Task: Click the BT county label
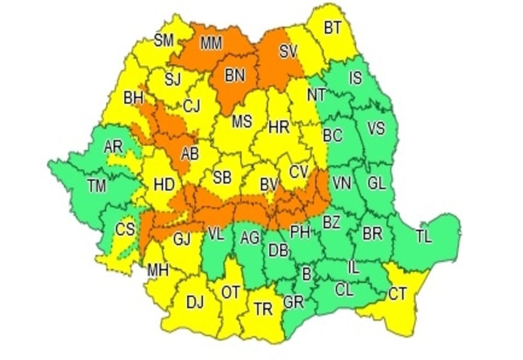332,28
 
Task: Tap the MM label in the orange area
212,44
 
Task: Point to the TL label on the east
424,237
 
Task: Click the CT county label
397,294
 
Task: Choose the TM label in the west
96,185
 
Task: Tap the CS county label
125,229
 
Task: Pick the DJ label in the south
195,301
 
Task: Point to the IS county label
355,79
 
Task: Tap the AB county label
189,154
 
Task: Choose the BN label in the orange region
235,75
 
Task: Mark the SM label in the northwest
164,40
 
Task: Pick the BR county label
372,233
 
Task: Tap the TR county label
263,309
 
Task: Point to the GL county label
377,183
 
